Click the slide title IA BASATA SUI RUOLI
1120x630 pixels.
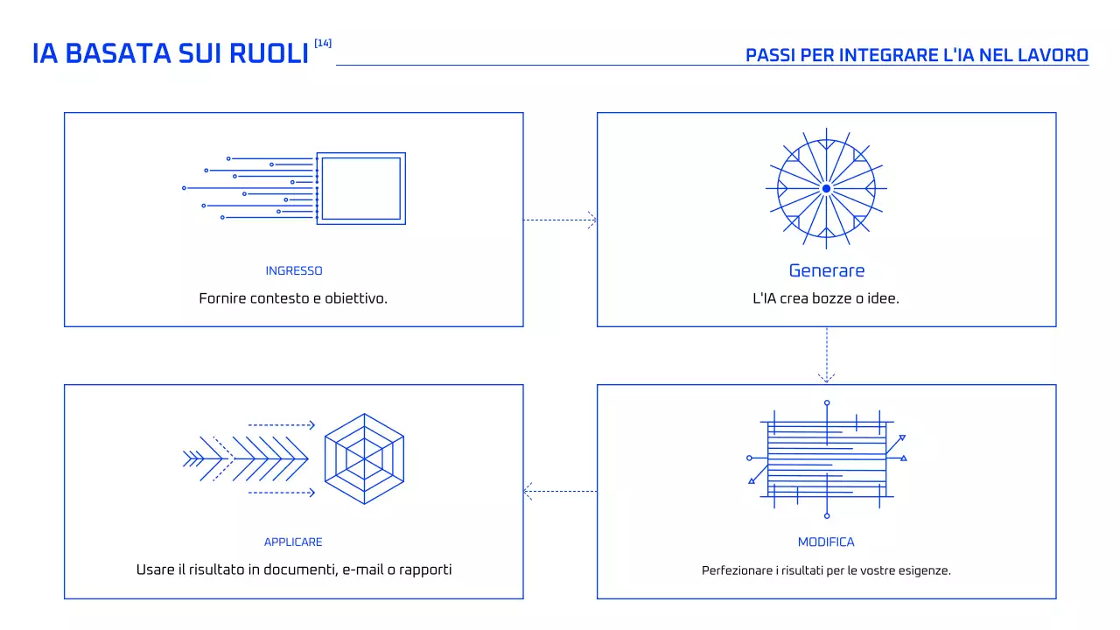coord(171,53)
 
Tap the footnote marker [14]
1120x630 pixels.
coord(323,43)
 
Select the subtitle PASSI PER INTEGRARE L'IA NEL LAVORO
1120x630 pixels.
coord(916,55)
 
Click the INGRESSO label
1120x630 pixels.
coord(294,271)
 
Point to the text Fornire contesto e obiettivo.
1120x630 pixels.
coord(293,298)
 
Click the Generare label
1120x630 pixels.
coord(826,270)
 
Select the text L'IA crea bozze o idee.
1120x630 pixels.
coord(826,298)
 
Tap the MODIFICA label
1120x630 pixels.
coord(826,542)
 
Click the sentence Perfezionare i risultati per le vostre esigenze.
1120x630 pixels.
coord(826,570)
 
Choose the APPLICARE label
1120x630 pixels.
coord(293,542)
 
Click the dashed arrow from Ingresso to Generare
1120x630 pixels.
coord(560,220)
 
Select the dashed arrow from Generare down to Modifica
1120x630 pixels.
coord(826,355)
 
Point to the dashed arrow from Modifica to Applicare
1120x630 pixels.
coord(560,491)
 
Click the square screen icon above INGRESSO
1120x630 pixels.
coord(360,188)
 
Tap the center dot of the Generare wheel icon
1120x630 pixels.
coord(826,188)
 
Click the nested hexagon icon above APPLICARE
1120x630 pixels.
coord(364,458)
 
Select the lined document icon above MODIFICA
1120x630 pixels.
coord(826,459)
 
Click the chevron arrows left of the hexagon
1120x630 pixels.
coord(245,458)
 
